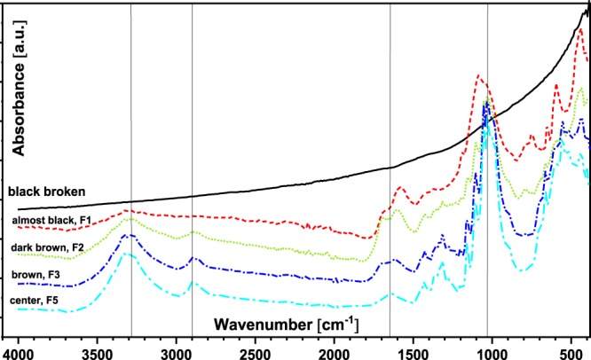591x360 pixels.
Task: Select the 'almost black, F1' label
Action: tap(53, 219)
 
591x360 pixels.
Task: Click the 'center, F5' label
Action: tap(38, 301)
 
